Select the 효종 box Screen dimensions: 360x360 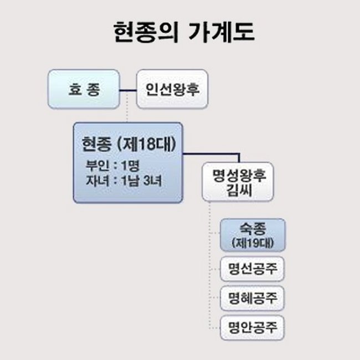(x=83, y=89)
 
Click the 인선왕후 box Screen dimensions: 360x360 (x=172, y=89)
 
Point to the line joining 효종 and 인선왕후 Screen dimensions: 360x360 (x=128, y=89)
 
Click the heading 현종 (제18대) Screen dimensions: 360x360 (x=128, y=145)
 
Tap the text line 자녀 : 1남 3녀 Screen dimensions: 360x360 (x=123, y=181)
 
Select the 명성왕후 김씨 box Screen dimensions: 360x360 (x=239, y=182)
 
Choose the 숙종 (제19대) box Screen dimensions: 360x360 (x=253, y=235)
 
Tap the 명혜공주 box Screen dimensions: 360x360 (x=253, y=299)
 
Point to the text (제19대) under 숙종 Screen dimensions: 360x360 (x=253, y=243)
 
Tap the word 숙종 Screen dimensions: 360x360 (x=253, y=228)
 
